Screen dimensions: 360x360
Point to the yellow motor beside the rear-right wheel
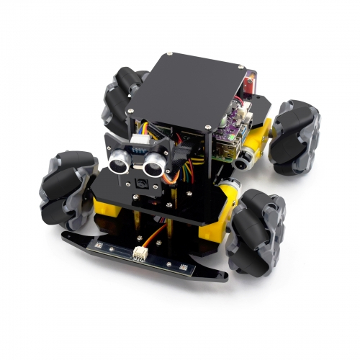(264, 133)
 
